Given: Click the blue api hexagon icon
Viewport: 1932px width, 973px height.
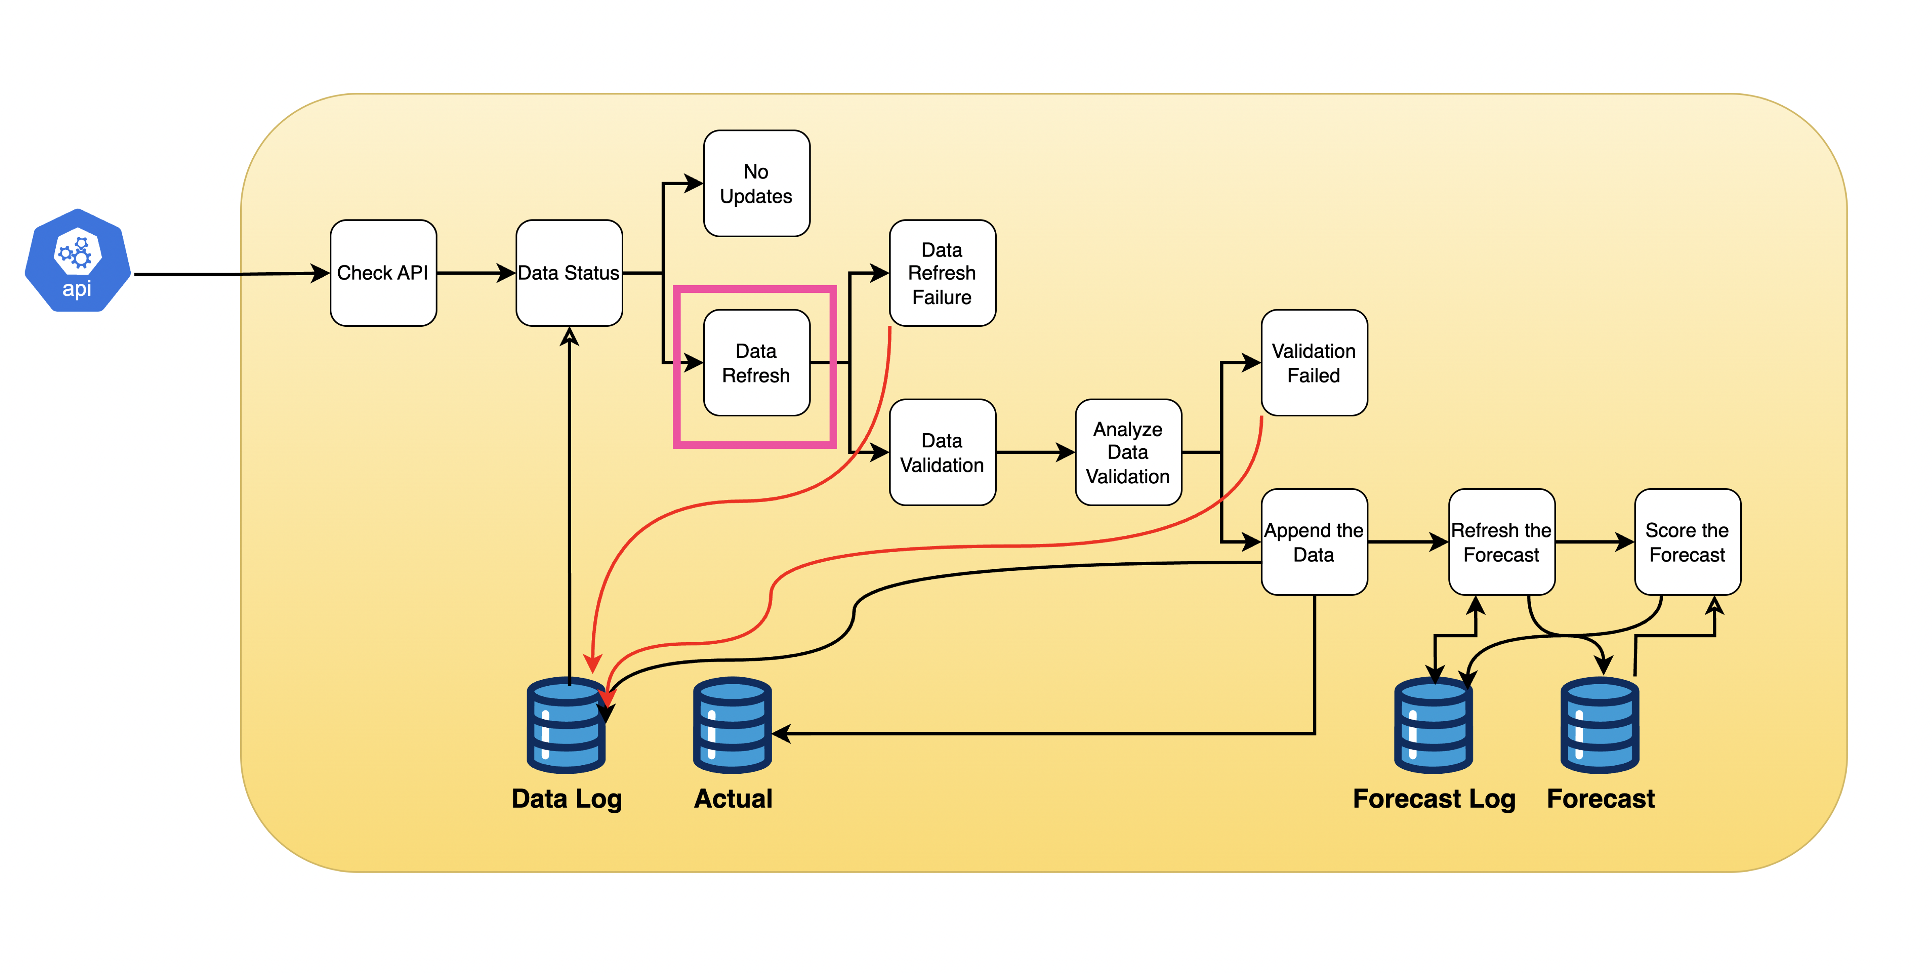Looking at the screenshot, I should point(77,260).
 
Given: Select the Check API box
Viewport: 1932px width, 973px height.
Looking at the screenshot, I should point(383,273).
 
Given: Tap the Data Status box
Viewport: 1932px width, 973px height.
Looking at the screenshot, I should point(569,273).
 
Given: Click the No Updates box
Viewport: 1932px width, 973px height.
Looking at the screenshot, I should point(756,184).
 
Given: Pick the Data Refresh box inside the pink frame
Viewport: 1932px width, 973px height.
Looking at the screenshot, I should point(756,363).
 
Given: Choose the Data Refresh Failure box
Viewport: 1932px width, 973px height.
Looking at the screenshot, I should point(942,273).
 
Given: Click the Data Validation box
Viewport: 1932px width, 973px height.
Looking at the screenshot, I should point(942,453).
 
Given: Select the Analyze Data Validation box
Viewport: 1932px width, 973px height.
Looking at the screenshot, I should point(1128,453).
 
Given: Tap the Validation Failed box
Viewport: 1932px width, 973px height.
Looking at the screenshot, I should point(1314,363).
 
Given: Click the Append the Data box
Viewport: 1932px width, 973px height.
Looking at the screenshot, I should point(1314,542).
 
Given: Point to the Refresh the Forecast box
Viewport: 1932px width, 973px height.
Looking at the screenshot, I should point(1502,542).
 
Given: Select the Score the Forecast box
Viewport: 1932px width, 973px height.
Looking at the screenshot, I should point(1687,542).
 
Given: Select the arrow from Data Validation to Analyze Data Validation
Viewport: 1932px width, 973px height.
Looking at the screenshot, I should point(1035,452).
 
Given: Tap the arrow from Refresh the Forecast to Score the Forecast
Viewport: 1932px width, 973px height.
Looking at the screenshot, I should point(1594,542).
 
